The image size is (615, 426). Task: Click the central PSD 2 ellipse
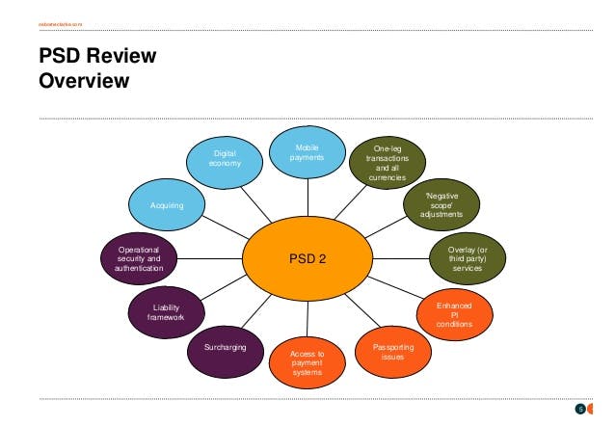[x=307, y=258]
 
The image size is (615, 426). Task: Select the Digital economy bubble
[x=224, y=158]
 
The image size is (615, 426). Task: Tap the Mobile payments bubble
[x=307, y=151]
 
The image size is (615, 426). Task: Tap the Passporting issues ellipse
[x=393, y=351]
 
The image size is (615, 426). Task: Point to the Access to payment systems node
[x=307, y=364]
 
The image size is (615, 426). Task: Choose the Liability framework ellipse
[x=165, y=311]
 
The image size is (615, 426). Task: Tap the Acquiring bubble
[x=167, y=206]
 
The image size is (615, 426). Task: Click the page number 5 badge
[x=580, y=410]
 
